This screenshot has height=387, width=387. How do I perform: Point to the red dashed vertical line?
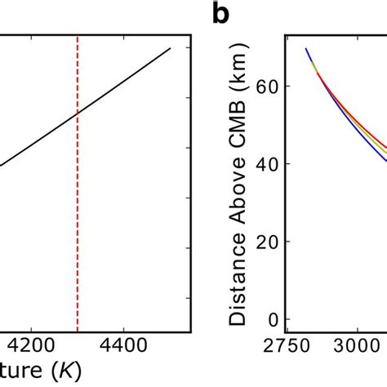click(78, 204)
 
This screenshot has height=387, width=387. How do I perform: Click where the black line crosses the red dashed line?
click(78, 114)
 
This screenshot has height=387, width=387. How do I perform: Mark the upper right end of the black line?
click(170, 48)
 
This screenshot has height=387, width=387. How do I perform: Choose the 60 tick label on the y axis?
click(262, 85)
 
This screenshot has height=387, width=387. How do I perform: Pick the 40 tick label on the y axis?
click(262, 163)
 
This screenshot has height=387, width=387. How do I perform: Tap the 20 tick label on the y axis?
click(262, 242)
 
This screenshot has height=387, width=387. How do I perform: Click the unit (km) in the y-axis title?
click(238, 89)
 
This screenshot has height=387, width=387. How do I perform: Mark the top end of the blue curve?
click(307, 49)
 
